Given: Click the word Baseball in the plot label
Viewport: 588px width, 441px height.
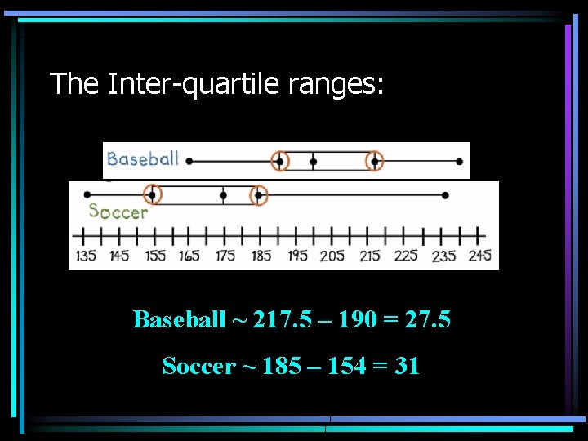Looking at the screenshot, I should point(143,158).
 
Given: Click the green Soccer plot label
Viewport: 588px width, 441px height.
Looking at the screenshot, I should point(118,212).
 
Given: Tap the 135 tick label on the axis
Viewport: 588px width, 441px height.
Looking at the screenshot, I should point(86,256).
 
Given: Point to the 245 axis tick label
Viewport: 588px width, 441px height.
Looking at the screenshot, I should point(480,256).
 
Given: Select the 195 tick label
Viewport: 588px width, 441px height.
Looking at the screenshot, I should point(296,256).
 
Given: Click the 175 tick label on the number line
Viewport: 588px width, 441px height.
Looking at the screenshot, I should point(225,256).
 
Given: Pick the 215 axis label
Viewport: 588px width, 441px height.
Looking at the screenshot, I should point(370,256).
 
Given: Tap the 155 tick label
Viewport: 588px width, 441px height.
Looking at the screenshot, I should point(155,256).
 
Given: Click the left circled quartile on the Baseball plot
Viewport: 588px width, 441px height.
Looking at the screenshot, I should point(280,162).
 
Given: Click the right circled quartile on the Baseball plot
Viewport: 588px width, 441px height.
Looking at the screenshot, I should point(374,162).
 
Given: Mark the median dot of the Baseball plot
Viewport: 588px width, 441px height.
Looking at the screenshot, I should point(313,162).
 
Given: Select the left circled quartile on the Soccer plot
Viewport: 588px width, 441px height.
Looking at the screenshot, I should point(152,194).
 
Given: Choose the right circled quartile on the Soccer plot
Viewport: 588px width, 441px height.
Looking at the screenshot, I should point(258,194).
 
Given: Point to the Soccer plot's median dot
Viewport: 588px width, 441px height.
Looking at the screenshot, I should point(223,194).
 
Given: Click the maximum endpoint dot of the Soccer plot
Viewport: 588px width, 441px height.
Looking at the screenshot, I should point(445,194).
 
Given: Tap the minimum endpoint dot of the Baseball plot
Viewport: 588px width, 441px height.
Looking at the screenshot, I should point(189,162).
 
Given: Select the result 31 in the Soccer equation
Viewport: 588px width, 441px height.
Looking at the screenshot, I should point(407,366).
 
